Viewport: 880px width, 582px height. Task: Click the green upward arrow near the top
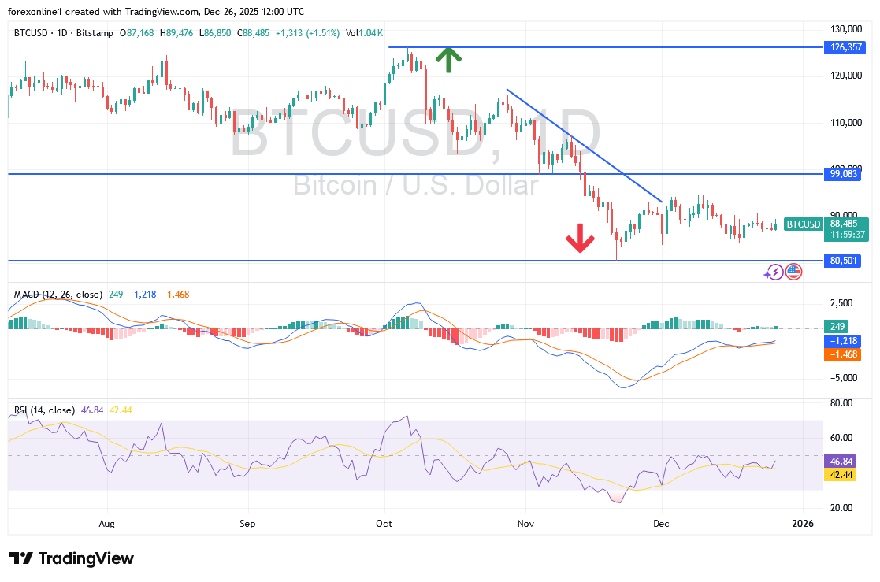pos(448,60)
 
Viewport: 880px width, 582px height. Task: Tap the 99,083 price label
pos(844,173)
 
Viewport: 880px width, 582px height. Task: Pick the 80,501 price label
pos(844,261)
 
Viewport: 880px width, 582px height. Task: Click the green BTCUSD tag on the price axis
pos(803,224)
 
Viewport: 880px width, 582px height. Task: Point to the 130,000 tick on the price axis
pos(842,29)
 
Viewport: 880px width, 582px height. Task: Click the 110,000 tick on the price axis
pos(842,123)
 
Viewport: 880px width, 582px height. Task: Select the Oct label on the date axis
pos(385,523)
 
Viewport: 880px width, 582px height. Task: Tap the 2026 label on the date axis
pos(803,523)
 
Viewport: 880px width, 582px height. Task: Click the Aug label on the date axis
pos(108,523)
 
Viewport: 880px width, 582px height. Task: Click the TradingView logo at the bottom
pos(72,558)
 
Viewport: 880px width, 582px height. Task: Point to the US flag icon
pos(793,272)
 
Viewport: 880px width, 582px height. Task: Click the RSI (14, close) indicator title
pos(44,410)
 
